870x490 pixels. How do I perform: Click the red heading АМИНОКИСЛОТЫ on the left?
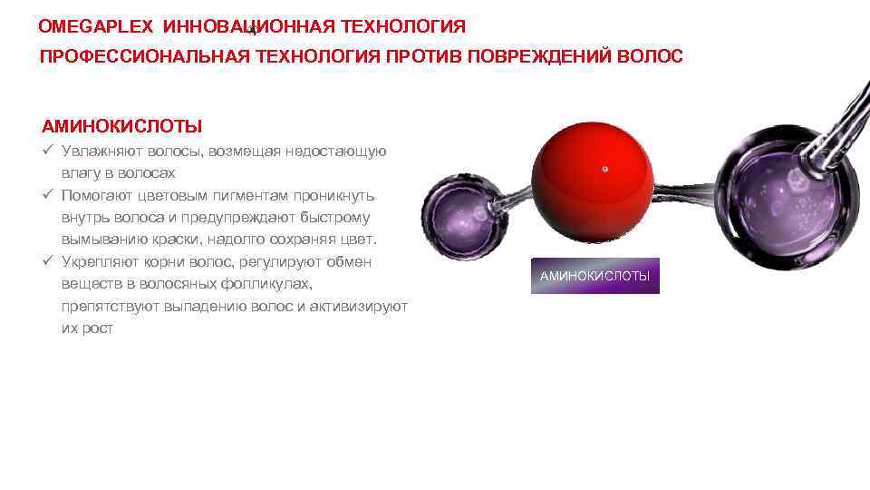(121, 125)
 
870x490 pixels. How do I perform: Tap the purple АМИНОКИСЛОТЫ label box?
(594, 276)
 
